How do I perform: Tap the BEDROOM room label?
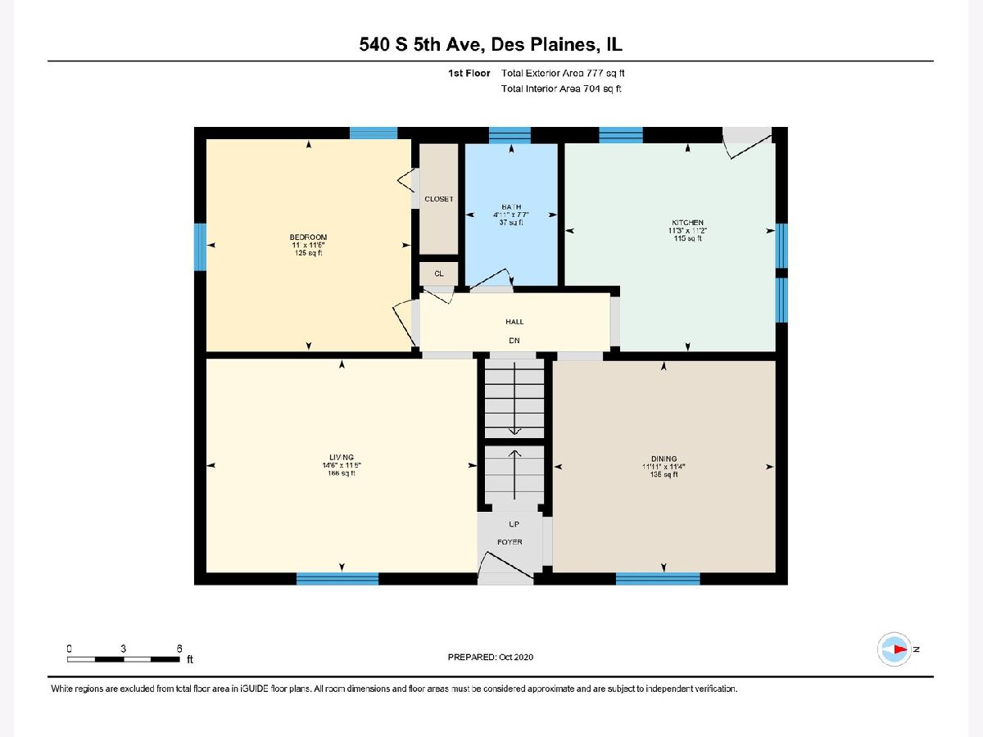tap(308, 237)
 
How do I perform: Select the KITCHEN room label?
tap(687, 223)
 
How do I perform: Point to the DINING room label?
tap(664, 459)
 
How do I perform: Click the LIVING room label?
tap(342, 457)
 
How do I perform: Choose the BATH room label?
tap(512, 206)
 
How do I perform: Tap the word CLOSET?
tap(439, 199)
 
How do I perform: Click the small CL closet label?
tap(439, 273)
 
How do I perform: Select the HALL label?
tap(514, 322)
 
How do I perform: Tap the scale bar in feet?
tap(123, 658)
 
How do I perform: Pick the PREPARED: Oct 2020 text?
tap(491, 658)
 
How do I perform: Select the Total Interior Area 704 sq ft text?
tap(562, 88)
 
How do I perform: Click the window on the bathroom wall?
tap(510, 135)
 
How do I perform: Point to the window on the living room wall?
tap(337, 579)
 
